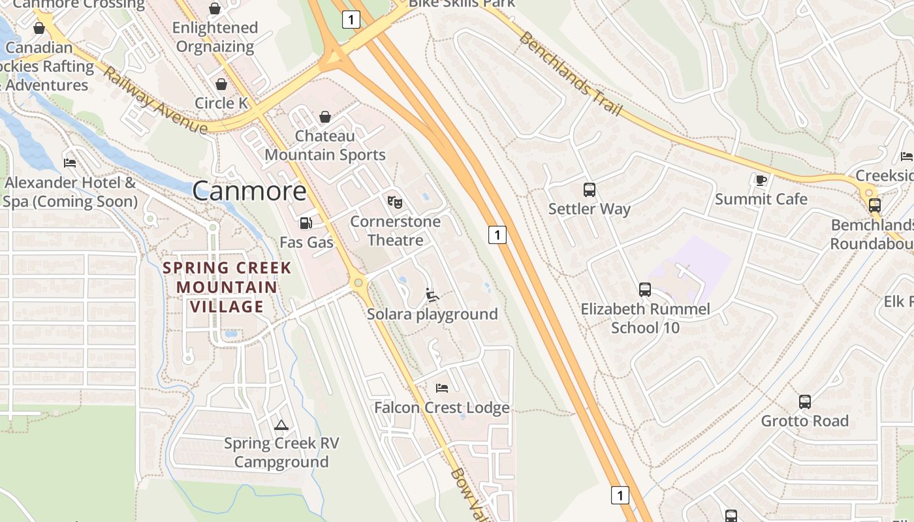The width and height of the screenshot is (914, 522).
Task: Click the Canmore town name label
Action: [x=249, y=191]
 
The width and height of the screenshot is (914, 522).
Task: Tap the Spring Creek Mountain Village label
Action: [x=227, y=287]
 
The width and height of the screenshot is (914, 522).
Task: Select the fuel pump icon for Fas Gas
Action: [x=306, y=223]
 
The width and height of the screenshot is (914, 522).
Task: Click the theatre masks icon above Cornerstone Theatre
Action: [x=394, y=202]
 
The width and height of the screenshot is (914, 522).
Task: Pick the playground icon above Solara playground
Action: [x=432, y=295]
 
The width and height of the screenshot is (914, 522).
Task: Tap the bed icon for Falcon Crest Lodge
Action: [x=442, y=388]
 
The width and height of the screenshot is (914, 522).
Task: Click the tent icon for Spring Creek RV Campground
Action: [x=281, y=425]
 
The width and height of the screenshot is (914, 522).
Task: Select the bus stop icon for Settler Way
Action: [x=589, y=190]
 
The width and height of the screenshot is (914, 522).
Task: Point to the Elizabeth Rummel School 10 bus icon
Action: [x=645, y=289]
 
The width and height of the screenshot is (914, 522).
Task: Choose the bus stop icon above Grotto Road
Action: [x=805, y=402]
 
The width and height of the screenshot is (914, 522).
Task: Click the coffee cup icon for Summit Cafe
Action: [x=761, y=179]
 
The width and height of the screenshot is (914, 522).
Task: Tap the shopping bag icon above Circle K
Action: [x=221, y=84]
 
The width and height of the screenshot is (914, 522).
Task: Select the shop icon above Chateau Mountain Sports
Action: [x=324, y=117]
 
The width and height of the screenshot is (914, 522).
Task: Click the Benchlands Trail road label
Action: [x=570, y=73]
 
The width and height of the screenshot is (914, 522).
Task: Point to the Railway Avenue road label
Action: [x=155, y=101]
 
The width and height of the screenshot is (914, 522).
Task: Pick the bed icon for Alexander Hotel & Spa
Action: [x=70, y=162]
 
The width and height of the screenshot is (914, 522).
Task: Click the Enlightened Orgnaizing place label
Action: [x=215, y=37]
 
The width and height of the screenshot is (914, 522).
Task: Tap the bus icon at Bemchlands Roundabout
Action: [x=874, y=206]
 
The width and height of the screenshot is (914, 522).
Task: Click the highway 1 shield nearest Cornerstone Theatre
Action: [x=497, y=235]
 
